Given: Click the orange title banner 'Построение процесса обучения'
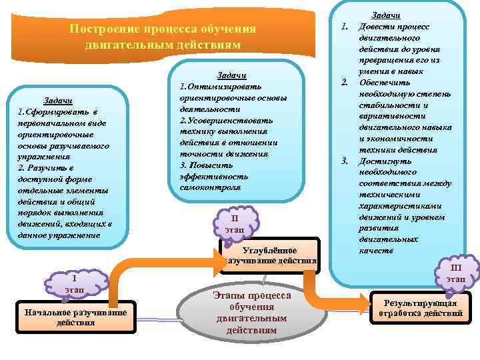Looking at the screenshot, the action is point(162,36).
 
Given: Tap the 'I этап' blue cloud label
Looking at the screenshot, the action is point(74,283).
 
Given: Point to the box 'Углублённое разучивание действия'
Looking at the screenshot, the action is point(270,255).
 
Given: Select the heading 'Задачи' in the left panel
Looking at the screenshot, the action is point(58,100).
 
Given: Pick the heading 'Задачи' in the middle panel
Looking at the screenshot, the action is point(233,75).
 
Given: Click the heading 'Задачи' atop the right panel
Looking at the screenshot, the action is point(385,15).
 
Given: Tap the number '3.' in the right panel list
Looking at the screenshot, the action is point(345,161).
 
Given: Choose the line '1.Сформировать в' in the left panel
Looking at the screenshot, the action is point(57,111).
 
